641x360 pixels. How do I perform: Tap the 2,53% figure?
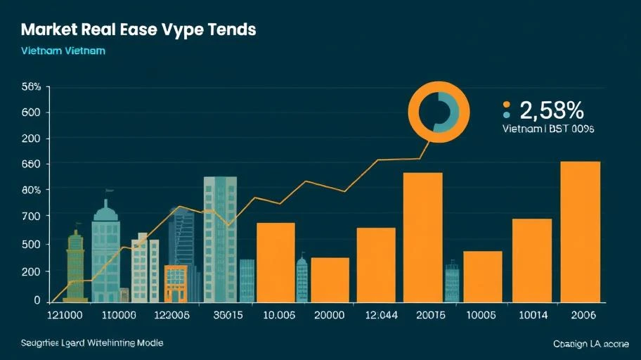coord(552,110)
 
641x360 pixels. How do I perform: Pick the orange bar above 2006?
coord(580,232)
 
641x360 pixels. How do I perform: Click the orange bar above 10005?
coord(482,276)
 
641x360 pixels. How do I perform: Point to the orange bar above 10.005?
coord(275,262)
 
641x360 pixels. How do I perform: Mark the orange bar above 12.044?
coord(375,264)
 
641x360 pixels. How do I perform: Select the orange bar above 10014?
coord(531,260)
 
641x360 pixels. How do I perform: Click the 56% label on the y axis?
coord(32,87)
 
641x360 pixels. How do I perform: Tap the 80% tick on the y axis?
coord(32,190)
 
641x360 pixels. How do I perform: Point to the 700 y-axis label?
coord(32,217)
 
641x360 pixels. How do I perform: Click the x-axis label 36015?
coord(226,315)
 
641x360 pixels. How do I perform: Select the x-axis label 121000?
coord(64,315)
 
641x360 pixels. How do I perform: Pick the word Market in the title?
coord(51,31)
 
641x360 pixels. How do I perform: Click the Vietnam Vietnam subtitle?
coord(63,52)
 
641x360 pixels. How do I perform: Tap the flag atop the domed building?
coord(109,191)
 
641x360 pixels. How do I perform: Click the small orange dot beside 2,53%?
coord(506,103)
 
